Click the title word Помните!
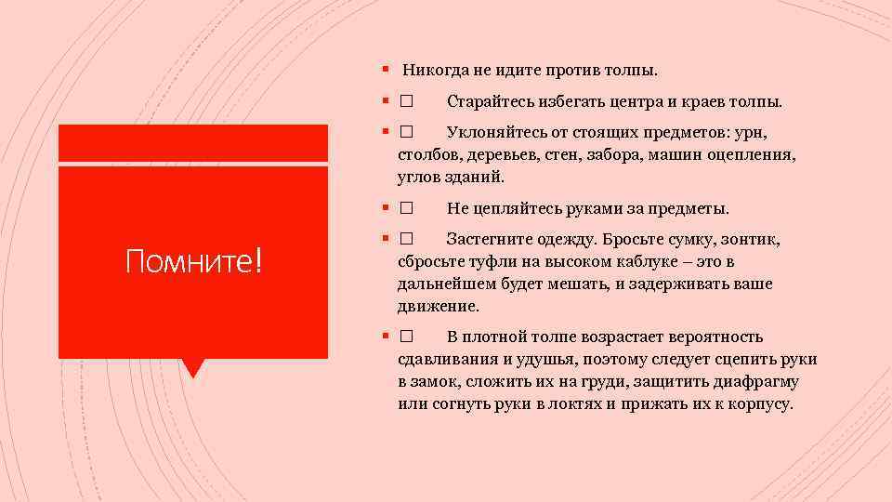194,263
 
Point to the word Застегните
492,240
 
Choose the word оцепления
752,154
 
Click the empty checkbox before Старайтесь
407,101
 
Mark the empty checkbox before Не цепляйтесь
407,208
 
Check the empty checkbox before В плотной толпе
407,337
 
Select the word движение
438,306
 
